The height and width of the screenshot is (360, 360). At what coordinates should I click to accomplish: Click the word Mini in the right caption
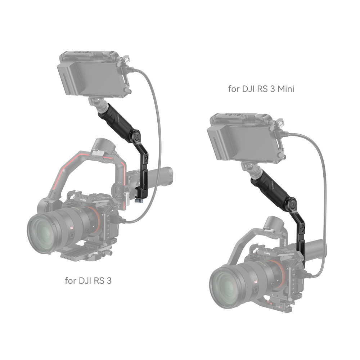[284, 89]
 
